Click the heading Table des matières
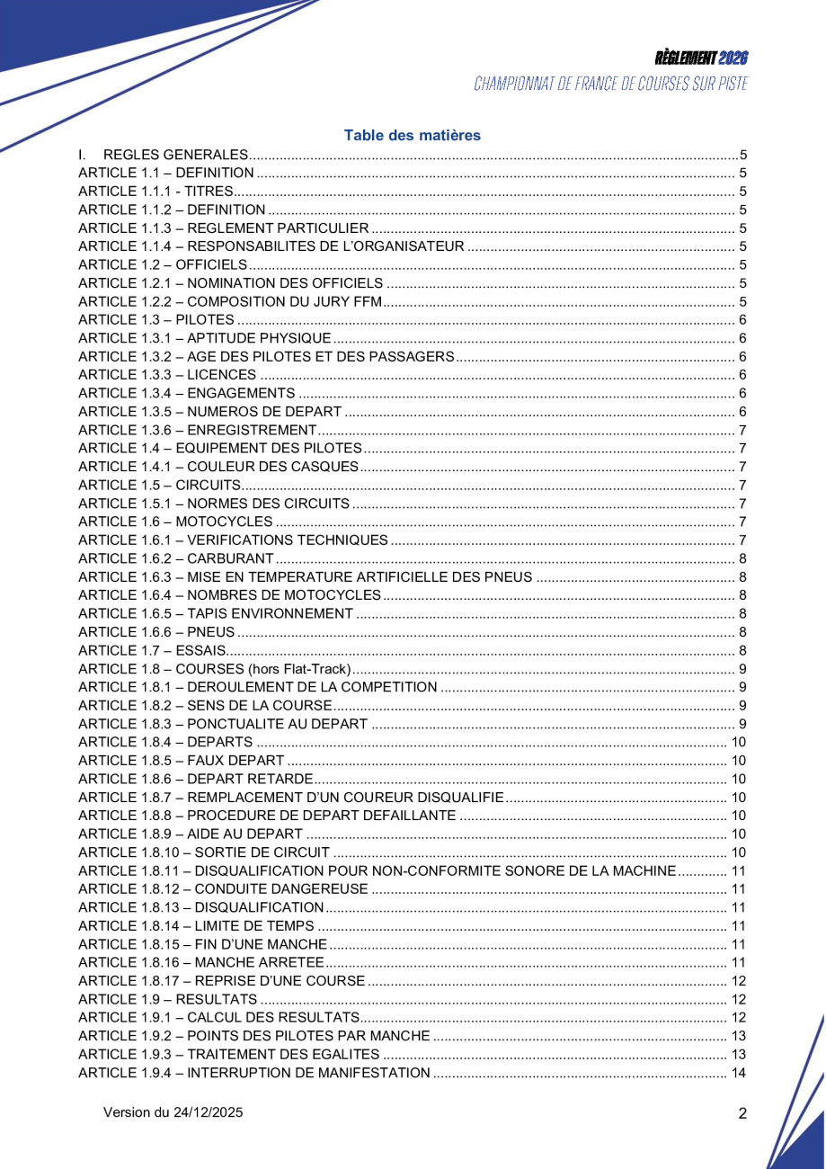(x=413, y=136)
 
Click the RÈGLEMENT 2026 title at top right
(x=701, y=58)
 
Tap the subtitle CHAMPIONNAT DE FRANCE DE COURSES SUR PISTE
(x=610, y=85)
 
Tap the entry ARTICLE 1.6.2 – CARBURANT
(x=176, y=558)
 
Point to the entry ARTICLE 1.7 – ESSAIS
(x=152, y=650)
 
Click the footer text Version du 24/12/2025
(x=173, y=1112)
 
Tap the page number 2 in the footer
(x=742, y=1113)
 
